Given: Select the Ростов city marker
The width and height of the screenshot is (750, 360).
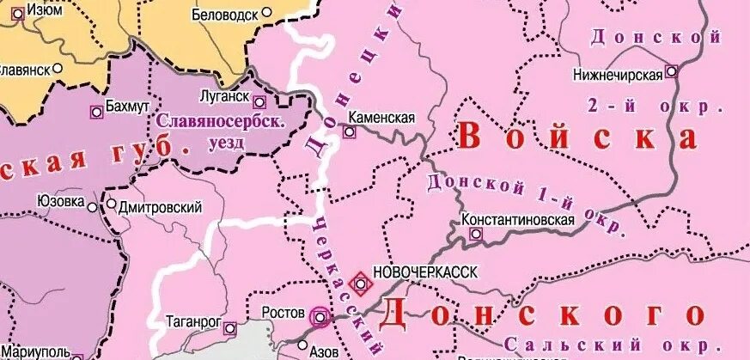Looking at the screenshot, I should click(x=320, y=316).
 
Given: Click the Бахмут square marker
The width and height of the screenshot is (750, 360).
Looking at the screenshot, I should click(x=95, y=111).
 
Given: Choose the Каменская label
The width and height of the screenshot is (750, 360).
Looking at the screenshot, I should click(x=381, y=118).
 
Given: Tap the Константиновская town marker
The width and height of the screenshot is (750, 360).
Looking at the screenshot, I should click(x=476, y=234).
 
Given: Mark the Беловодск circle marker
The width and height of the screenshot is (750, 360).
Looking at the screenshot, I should click(x=266, y=13).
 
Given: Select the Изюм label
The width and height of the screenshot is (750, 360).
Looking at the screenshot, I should click(x=44, y=9).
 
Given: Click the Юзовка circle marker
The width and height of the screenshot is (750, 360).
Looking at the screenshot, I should click(x=92, y=204).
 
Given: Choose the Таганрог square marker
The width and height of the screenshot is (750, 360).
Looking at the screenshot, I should click(x=229, y=327).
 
